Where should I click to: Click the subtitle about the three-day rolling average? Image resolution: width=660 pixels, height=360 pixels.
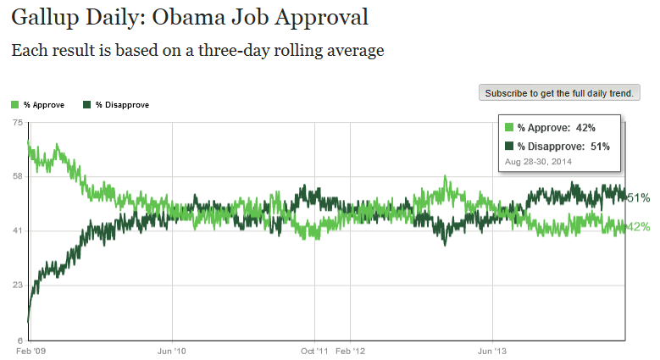pyautogui.click(x=197, y=50)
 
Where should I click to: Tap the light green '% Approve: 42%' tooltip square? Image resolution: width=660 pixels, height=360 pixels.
pyautogui.click(x=508, y=128)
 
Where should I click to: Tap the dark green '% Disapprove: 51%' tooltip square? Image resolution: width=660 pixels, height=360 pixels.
pyautogui.click(x=508, y=147)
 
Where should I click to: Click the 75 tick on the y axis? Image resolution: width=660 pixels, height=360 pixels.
pyautogui.click(x=17, y=123)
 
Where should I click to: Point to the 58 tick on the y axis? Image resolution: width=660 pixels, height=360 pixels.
pyautogui.click(x=17, y=176)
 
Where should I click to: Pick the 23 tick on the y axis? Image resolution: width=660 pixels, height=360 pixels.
pyautogui.click(x=17, y=285)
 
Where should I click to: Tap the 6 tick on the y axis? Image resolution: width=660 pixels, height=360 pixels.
pyautogui.click(x=19, y=340)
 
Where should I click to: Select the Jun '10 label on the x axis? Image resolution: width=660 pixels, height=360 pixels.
pyautogui.click(x=172, y=349)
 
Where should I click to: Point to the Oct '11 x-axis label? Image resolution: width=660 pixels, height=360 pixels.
pyautogui.click(x=315, y=349)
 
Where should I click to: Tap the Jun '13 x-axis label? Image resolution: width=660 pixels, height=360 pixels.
pyautogui.click(x=493, y=349)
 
